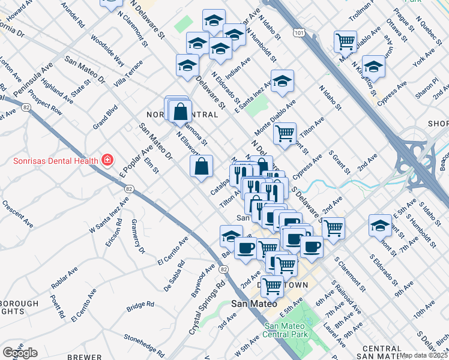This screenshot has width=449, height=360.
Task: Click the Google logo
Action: [x=20, y=352]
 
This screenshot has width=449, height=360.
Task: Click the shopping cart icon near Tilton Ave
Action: [x=285, y=133]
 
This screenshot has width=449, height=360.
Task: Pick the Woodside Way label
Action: [x=107, y=50]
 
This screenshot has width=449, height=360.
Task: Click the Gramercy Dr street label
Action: [x=136, y=242]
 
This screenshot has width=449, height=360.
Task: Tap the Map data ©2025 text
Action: [x=424, y=355]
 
